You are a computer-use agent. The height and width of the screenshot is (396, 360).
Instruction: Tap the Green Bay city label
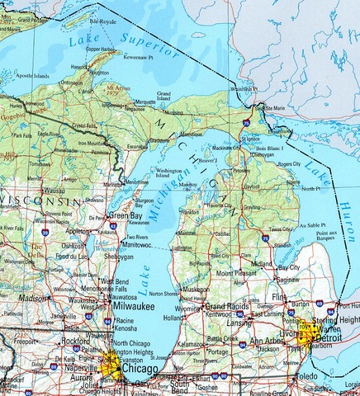(x=126, y=215)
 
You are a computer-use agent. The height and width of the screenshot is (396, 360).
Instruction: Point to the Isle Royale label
(x=102, y=18)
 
